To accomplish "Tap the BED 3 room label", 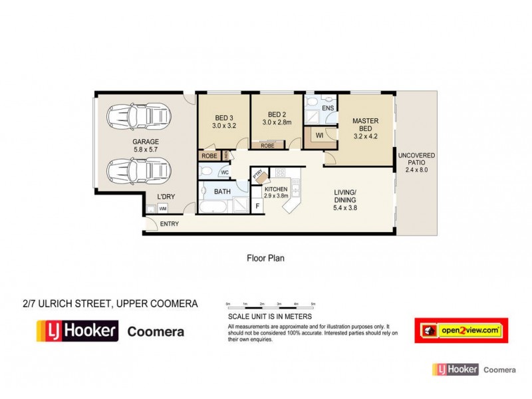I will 224,120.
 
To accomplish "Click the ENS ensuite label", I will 327,108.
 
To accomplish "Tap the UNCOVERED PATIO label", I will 416,162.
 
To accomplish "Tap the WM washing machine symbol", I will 162,208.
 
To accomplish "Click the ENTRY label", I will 170,224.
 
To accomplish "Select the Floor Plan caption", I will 265,258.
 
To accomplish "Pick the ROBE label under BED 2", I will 268,146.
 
